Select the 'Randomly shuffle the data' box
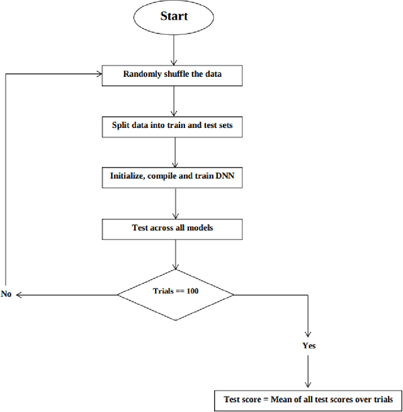point(172,75)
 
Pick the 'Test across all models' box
point(172,227)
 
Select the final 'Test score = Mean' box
point(309,399)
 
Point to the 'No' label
point(7,294)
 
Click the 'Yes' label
point(309,345)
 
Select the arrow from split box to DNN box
point(175,151)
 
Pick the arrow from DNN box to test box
point(175,202)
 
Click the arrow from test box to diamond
point(175,254)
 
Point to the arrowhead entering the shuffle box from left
point(99,75)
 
